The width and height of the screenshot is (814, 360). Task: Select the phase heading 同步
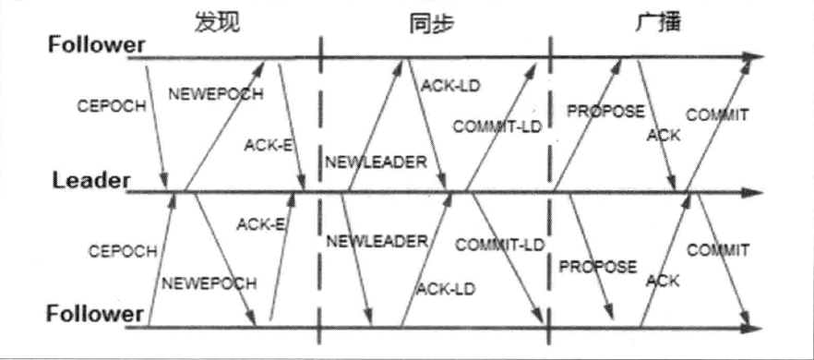[x=430, y=23]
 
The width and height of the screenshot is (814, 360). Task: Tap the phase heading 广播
[x=659, y=23]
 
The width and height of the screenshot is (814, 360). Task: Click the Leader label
[x=90, y=181]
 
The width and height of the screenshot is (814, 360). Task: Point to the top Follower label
[x=97, y=44]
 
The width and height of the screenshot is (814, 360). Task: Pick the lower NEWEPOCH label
[x=201, y=283]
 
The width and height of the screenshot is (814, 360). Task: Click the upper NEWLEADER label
[x=376, y=162]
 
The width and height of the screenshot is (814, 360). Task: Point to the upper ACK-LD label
[x=451, y=86]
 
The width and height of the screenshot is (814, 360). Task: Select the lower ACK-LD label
[x=446, y=288]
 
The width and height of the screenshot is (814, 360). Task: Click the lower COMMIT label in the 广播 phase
[x=717, y=250]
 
